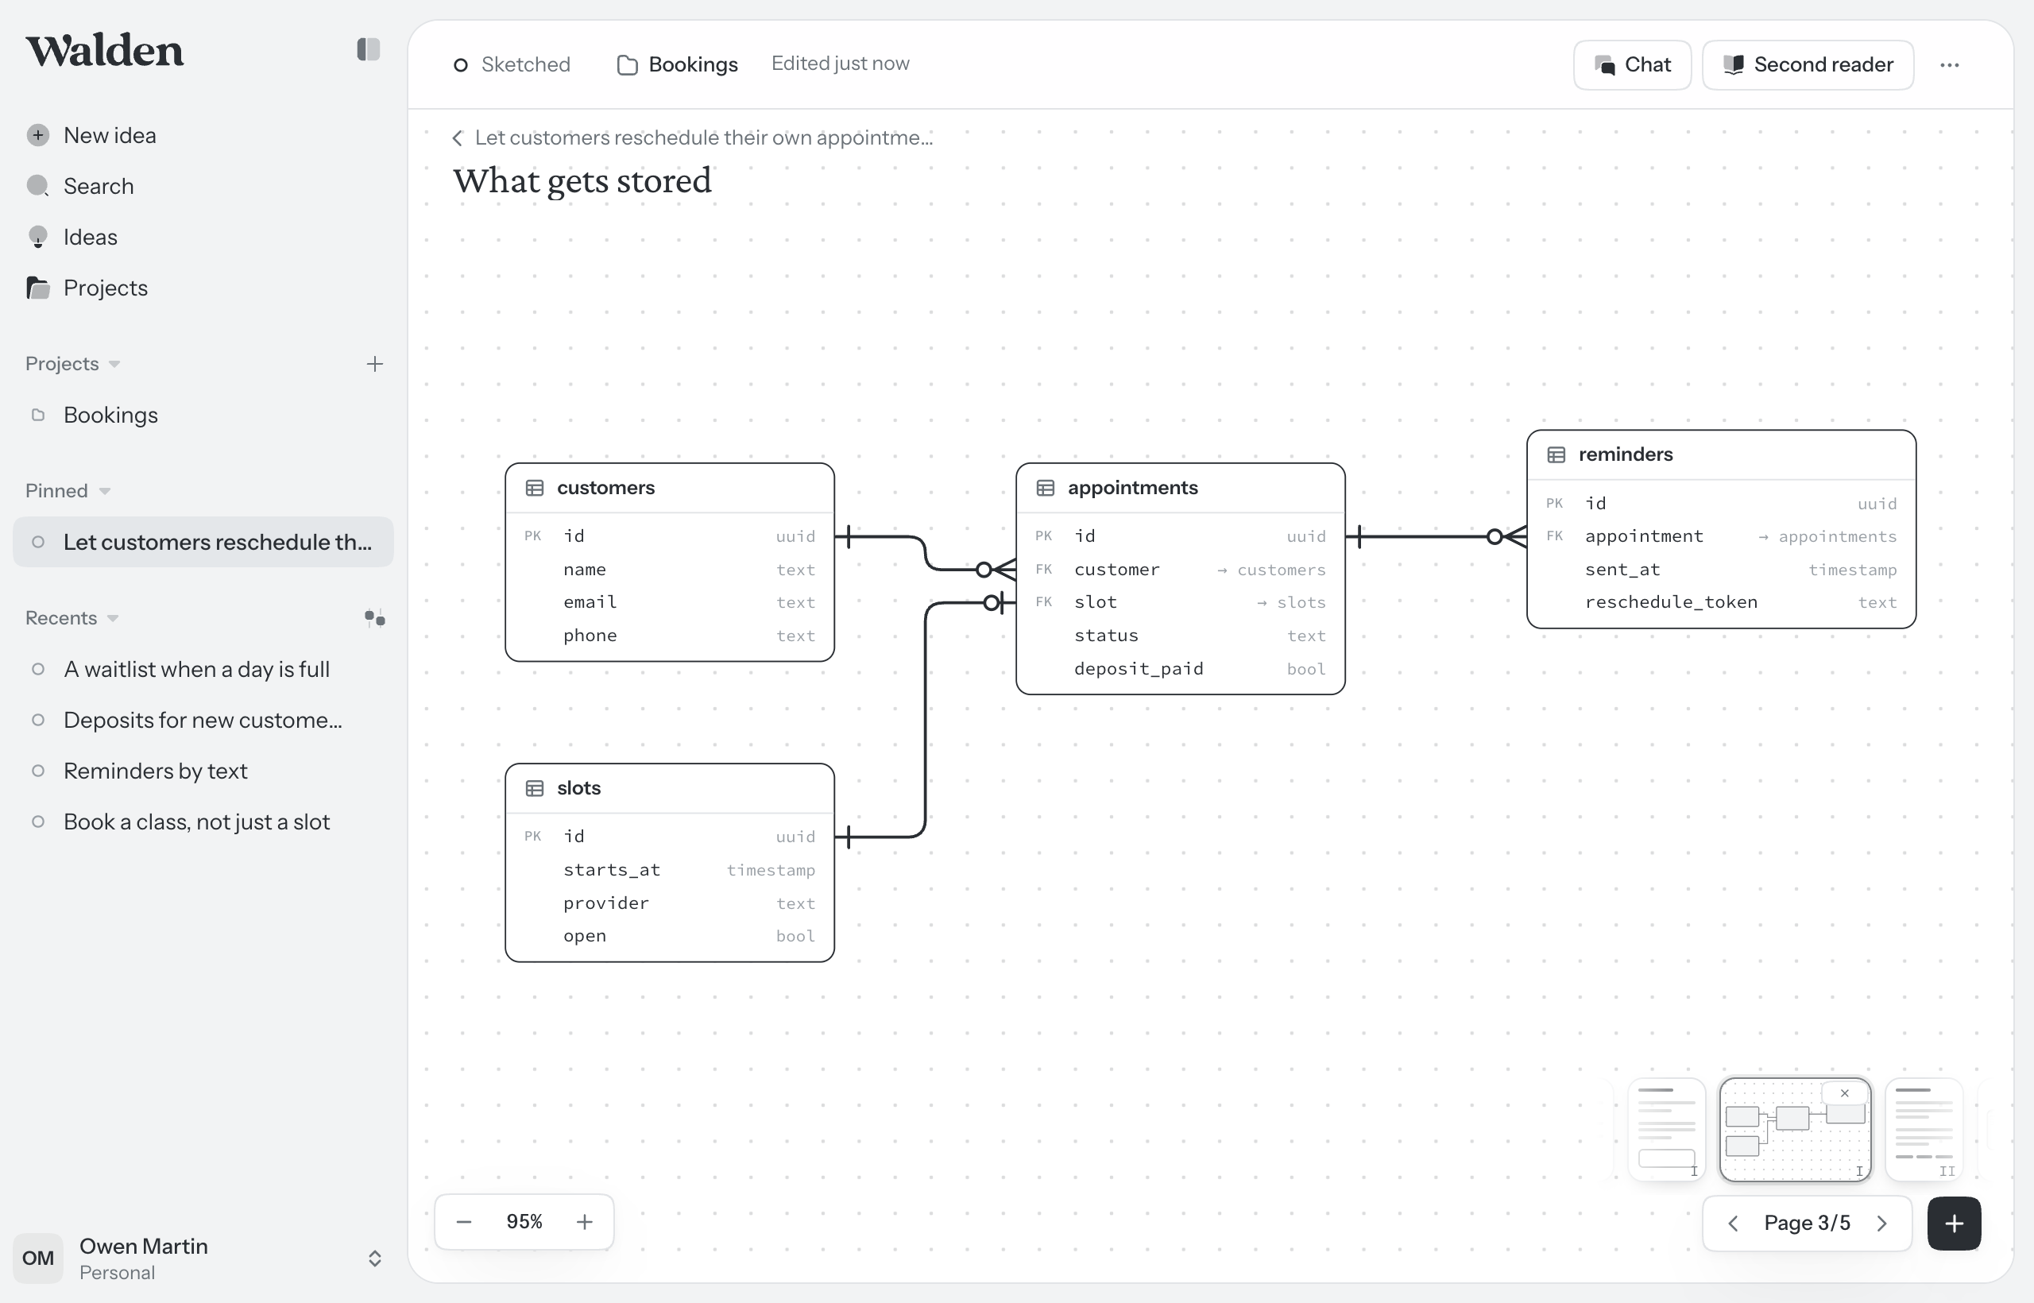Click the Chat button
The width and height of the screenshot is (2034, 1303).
pyautogui.click(x=1632, y=65)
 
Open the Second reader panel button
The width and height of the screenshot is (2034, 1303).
pyautogui.click(x=1808, y=65)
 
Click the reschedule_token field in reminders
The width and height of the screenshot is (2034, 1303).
pyautogui.click(x=1671, y=602)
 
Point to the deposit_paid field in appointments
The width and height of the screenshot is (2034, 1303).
pyautogui.click(x=1139, y=668)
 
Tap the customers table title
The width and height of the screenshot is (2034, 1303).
pyautogui.click(x=605, y=487)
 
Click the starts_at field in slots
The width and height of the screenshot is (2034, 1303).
pyautogui.click(x=612, y=870)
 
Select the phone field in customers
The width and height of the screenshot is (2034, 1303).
pyautogui.click(x=590, y=636)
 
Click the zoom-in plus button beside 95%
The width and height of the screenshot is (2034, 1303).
pyautogui.click(x=585, y=1222)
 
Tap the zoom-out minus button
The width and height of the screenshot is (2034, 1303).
pyautogui.click(x=464, y=1222)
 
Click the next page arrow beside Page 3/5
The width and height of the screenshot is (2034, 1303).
pyautogui.click(x=1881, y=1224)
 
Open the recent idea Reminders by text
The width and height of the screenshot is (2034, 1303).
pyautogui.click(x=156, y=771)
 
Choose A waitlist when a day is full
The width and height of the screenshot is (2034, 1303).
pyautogui.click(x=196, y=669)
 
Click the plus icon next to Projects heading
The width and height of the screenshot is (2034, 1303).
pyautogui.click(x=375, y=364)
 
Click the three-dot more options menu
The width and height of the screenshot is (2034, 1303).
pyautogui.click(x=1950, y=65)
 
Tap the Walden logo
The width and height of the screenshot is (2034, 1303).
pyautogui.click(x=104, y=51)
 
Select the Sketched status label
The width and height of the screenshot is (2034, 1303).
pyautogui.click(x=525, y=65)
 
